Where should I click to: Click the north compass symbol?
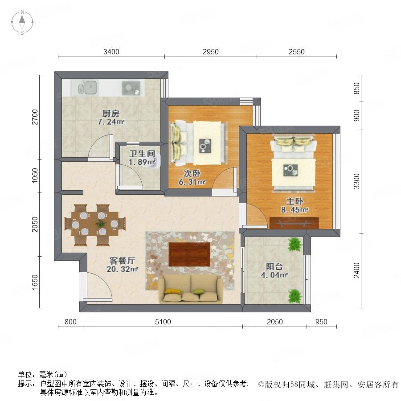(x=22, y=22)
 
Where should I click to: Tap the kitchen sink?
(x=87, y=87)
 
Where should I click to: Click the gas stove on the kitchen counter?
(x=131, y=88)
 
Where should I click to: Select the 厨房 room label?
(x=111, y=113)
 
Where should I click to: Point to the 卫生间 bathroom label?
(x=142, y=154)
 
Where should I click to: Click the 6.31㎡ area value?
(x=192, y=182)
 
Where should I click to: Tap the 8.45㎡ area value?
(x=295, y=210)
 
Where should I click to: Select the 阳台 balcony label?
(x=274, y=267)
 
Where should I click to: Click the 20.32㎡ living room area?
(x=122, y=269)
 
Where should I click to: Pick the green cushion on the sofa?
(x=199, y=291)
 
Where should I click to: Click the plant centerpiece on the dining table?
(x=100, y=223)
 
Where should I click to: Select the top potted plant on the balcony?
(x=295, y=245)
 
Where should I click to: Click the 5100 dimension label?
(x=163, y=322)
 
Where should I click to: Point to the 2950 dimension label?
(x=210, y=52)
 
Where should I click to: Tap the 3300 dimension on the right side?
(x=356, y=181)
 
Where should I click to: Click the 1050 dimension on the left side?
(x=35, y=176)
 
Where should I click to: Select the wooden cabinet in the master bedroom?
(x=295, y=223)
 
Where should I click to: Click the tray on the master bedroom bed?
(x=291, y=170)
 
